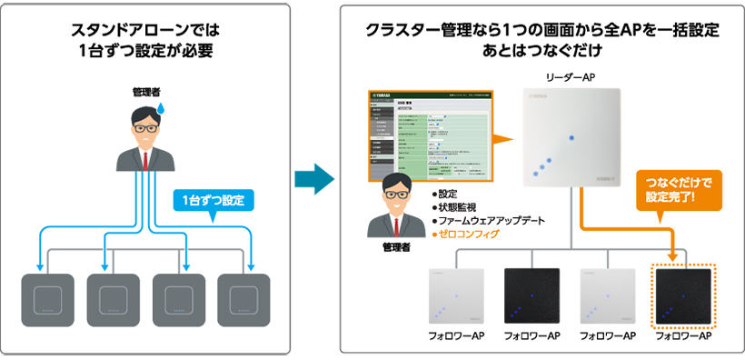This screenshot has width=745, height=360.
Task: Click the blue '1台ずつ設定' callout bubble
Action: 212,199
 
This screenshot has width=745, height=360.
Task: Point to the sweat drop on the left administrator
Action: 162,108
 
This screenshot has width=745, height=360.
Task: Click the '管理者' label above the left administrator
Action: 144,92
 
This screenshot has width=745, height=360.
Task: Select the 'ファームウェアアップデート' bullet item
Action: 490,220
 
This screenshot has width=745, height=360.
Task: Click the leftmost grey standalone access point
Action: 49,299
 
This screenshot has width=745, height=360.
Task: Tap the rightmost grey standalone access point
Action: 247,299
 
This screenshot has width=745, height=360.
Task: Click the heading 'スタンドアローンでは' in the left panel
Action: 145,30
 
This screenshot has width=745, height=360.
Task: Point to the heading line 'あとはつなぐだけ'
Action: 542,49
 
